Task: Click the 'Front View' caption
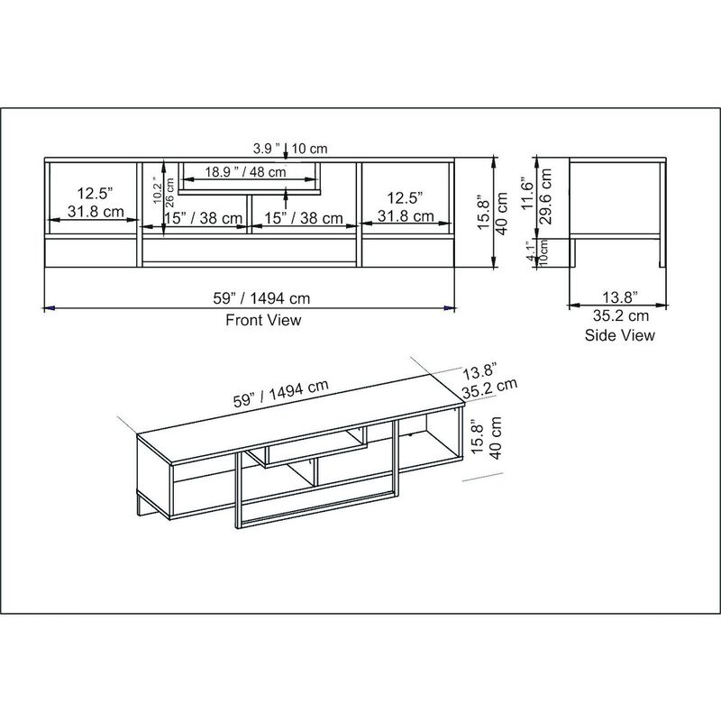tap(263, 320)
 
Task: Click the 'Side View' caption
tap(620, 335)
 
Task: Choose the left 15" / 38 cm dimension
tap(204, 218)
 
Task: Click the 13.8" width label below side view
tap(620, 297)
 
